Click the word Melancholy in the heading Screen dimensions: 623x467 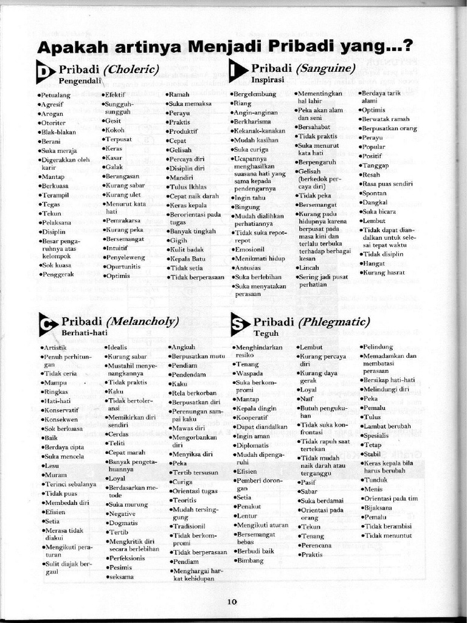pos(142,321)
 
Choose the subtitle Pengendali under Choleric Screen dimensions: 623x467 pos(79,80)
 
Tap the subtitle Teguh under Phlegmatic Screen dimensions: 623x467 pos(266,333)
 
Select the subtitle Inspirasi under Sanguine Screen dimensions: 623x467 pos(268,79)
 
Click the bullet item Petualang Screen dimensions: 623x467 pos(55,96)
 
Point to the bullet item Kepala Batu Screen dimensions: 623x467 pos(187,259)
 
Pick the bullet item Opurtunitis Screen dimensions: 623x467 pos(123,266)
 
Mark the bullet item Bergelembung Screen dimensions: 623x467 pos(255,94)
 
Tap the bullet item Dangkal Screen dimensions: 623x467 pos(375,202)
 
